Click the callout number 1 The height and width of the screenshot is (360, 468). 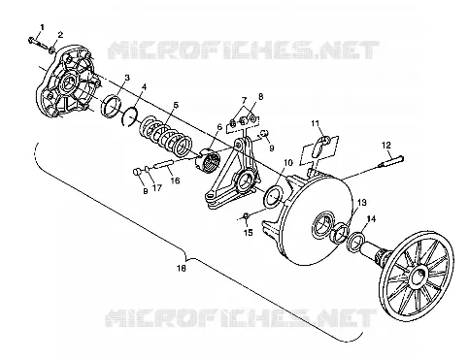click(x=43, y=27)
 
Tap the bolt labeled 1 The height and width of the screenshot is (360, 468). click(x=36, y=42)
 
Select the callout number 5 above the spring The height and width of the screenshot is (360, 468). click(x=176, y=105)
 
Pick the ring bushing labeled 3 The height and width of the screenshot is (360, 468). click(x=112, y=106)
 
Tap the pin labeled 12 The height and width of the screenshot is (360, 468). click(x=391, y=162)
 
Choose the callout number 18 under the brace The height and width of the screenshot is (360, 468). click(x=182, y=268)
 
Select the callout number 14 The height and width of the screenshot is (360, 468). click(x=371, y=219)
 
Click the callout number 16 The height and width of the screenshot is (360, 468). click(x=175, y=180)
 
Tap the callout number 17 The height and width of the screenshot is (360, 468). click(x=157, y=188)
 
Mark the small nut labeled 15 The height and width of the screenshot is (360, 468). click(x=246, y=216)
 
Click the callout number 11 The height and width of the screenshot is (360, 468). click(x=316, y=123)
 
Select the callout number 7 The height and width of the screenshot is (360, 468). click(x=244, y=99)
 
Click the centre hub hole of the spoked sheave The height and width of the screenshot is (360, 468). click(x=418, y=276)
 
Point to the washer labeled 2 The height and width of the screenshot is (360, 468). click(x=51, y=50)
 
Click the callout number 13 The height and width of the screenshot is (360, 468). click(x=362, y=203)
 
